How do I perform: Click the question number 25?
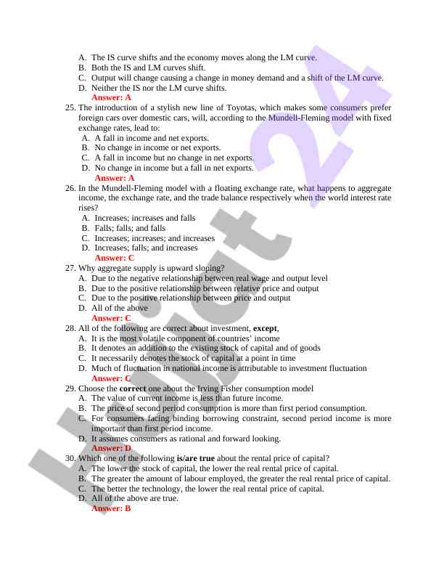pyautogui.click(x=70, y=107)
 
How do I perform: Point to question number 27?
pyautogui.click(x=70, y=268)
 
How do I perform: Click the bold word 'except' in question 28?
pyautogui.click(x=265, y=328)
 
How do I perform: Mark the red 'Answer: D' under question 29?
pyautogui.click(x=111, y=449)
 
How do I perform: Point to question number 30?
pyautogui.click(x=70, y=458)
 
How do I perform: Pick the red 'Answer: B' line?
pyautogui.click(x=111, y=508)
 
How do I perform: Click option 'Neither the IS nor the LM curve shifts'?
pyautogui.click(x=159, y=88)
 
